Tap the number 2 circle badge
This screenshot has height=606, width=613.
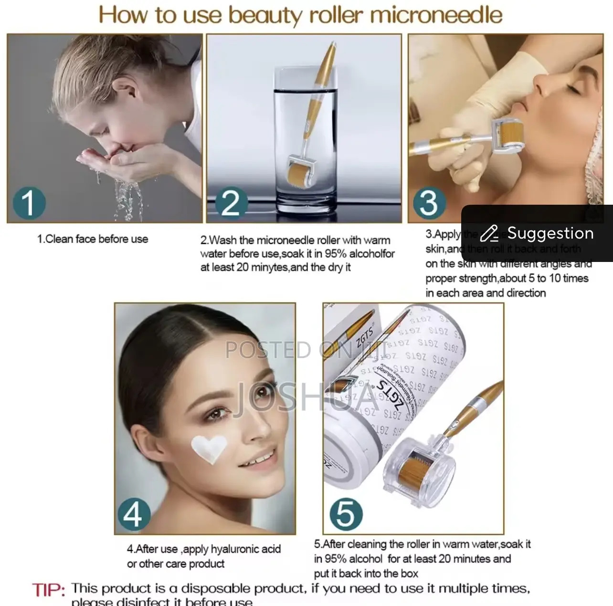(x=231, y=202)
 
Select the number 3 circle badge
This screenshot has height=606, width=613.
(x=428, y=202)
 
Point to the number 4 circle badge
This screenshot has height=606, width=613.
(x=133, y=514)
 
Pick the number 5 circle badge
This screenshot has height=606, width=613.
(x=346, y=514)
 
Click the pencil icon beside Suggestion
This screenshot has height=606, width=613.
(x=489, y=233)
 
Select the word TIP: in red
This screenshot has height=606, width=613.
(x=49, y=590)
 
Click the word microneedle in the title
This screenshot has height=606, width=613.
(x=435, y=15)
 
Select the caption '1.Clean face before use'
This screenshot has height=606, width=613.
(x=93, y=239)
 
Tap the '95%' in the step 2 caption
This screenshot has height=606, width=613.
(x=336, y=254)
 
